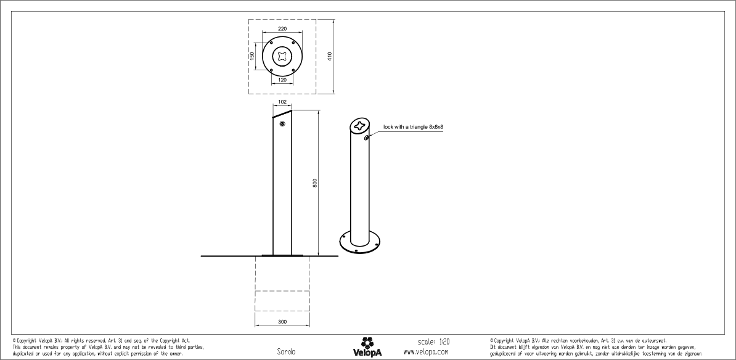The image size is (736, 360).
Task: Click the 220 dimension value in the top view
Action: tap(282, 29)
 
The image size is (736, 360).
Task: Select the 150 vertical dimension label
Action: tap(251, 56)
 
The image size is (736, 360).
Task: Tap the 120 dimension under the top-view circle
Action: tap(282, 80)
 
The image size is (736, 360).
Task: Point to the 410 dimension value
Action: tap(330, 56)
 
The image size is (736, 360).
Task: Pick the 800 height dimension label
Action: tap(314, 183)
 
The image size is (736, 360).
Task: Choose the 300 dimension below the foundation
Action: tap(282, 322)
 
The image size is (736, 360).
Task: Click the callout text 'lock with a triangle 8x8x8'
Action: tap(413, 126)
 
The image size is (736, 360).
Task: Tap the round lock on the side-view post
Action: tap(282, 125)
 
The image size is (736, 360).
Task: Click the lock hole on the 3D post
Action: tap(367, 137)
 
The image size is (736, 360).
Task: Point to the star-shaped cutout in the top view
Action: tap(282, 56)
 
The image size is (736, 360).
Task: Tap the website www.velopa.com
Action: tap(425, 351)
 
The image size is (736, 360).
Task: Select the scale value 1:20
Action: tap(444, 341)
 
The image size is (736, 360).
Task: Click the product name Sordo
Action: tap(287, 352)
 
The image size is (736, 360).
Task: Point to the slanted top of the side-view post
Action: tap(282, 114)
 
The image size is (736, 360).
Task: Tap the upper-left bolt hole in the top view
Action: tap(271, 43)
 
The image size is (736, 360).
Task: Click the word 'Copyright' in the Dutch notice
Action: tap(505, 340)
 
